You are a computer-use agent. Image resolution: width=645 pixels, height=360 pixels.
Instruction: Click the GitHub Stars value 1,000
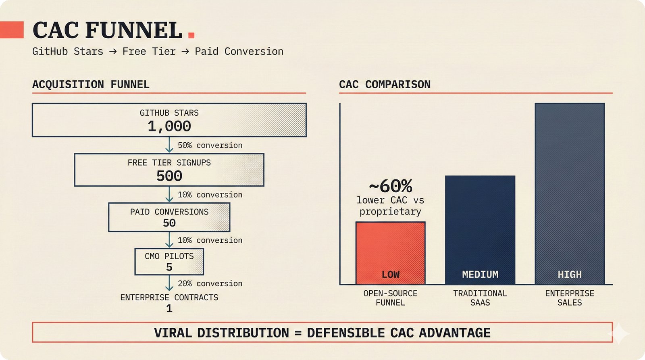coord(169,126)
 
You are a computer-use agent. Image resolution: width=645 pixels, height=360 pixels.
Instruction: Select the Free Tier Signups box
coord(169,170)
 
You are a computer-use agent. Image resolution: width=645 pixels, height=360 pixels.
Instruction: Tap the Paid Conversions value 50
coord(169,223)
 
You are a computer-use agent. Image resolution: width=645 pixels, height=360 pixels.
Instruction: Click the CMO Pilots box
coord(169,262)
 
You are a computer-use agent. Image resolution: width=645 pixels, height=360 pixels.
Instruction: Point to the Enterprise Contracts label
coord(169,297)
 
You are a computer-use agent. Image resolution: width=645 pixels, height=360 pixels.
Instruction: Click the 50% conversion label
coord(210,145)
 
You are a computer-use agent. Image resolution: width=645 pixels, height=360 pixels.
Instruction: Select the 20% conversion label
coord(210,283)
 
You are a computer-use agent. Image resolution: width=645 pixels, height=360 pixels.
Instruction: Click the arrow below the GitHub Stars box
coord(169,145)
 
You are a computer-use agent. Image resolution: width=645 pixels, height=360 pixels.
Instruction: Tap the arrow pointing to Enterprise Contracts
coord(169,283)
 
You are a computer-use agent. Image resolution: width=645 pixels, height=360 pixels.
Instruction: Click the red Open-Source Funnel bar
coord(391,253)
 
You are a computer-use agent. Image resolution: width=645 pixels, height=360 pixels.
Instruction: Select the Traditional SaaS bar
coord(480,230)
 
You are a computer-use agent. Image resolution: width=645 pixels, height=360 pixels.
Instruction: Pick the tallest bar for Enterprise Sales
coord(570,194)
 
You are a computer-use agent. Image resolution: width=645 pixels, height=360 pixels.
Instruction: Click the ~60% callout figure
coord(391,186)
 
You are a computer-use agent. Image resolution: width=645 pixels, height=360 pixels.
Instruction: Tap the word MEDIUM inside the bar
coord(480,274)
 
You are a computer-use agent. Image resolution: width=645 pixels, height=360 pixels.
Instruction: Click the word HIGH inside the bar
coord(570,274)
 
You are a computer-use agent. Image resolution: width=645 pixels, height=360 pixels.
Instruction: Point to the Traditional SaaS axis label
coord(480,298)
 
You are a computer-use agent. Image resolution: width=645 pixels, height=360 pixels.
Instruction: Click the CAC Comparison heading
coord(385,84)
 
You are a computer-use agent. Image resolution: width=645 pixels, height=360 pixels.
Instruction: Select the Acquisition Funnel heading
coord(91,84)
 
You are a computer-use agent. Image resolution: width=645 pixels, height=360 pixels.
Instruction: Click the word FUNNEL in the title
coord(134,30)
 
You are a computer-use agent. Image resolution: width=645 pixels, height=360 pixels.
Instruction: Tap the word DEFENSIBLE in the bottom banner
coord(345,333)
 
